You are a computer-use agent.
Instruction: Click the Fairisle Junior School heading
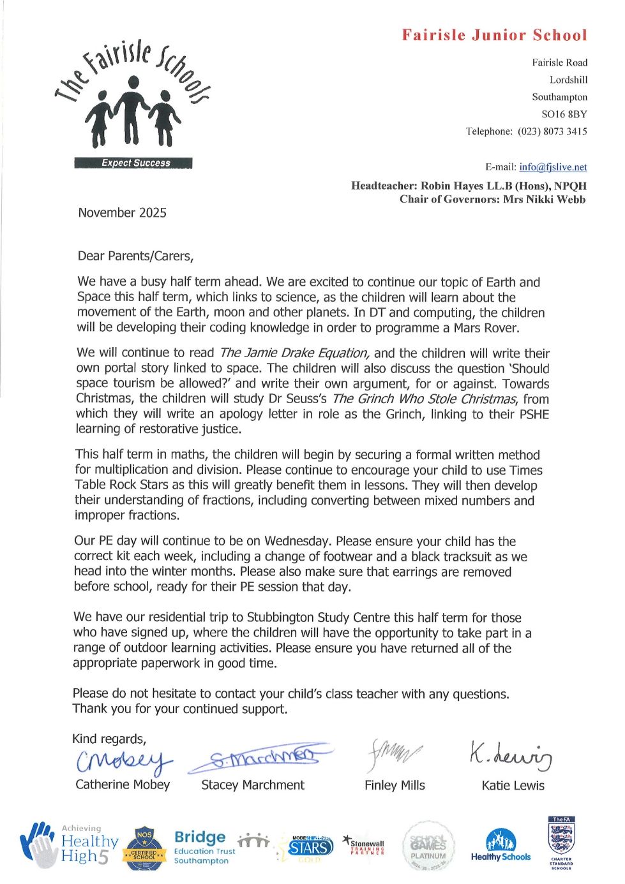(494, 35)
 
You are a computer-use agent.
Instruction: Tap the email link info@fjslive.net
(553, 167)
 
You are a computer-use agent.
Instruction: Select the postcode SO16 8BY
(564, 114)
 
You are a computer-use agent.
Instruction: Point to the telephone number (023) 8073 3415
(552, 131)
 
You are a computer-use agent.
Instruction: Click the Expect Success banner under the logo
(133, 163)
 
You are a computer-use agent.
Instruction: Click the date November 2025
(122, 213)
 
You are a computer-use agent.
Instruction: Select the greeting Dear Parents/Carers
(135, 256)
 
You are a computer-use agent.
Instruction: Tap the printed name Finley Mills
(395, 786)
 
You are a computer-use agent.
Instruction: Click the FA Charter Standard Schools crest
(561, 843)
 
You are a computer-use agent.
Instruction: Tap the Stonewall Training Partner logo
(365, 846)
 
